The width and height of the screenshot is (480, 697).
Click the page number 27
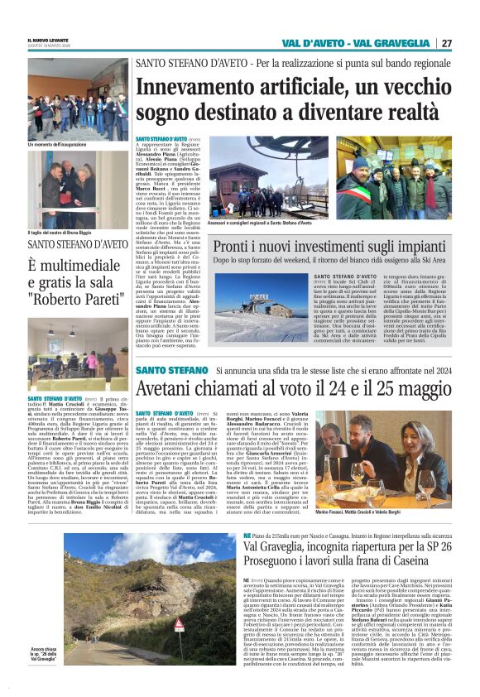pyautogui.click(x=447, y=42)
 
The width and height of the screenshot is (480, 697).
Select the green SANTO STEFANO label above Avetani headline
pyautogui.click(x=171, y=370)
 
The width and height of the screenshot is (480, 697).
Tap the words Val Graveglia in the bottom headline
pyautogui.click(x=282, y=549)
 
